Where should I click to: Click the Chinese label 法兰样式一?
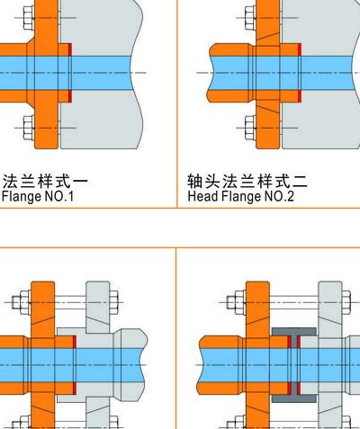click(45, 182)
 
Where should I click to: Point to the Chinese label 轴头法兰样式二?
click(247, 182)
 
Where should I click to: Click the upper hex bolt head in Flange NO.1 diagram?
click(29, 18)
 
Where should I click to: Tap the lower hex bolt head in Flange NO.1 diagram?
click(29, 128)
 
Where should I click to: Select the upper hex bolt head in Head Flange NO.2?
click(250, 18)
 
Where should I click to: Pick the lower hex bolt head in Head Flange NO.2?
click(250, 128)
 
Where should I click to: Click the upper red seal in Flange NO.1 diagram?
click(70, 49)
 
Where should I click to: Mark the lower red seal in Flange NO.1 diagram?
click(70, 96)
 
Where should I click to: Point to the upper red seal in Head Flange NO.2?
click(299, 49)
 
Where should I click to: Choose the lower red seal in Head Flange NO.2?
click(299, 96)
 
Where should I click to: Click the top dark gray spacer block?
click(294, 332)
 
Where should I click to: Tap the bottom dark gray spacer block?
click(294, 398)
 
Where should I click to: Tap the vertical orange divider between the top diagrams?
click(177, 103)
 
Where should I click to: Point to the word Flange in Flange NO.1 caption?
click(22, 197)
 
